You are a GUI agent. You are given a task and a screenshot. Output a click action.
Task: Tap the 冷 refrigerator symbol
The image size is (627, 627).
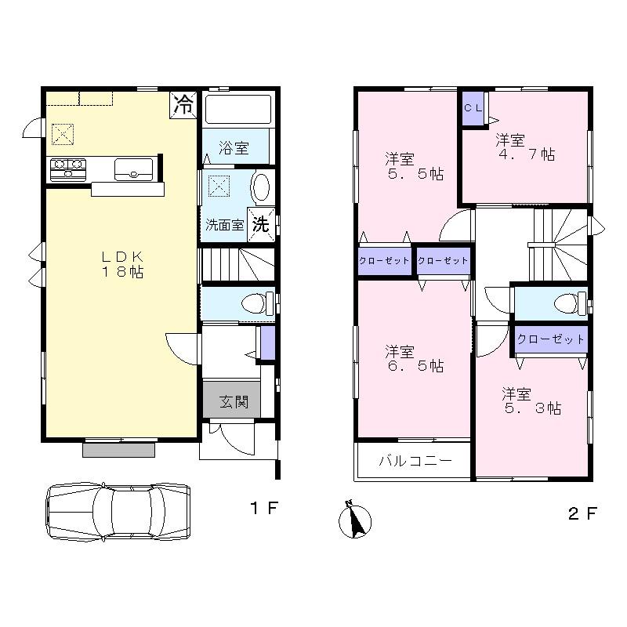click(184, 104)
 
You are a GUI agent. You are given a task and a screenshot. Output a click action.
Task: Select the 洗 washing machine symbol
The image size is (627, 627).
click(262, 223)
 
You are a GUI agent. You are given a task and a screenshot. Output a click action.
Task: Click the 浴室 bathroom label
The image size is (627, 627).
click(233, 147)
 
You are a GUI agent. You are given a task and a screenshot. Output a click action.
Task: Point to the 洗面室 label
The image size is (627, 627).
click(225, 225)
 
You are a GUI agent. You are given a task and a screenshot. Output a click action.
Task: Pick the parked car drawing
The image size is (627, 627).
click(118, 510)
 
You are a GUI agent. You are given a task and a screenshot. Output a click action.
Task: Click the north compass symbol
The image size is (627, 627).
click(355, 520)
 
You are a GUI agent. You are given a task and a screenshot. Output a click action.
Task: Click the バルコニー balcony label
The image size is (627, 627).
click(415, 461)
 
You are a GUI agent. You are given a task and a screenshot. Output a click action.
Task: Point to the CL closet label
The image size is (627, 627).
click(473, 109)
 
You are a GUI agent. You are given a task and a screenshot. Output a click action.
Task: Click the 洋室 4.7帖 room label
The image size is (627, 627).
click(524, 147)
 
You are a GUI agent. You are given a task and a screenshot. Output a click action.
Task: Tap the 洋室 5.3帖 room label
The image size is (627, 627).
click(531, 400)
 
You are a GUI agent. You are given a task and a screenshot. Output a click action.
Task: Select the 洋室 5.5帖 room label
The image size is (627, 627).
click(414, 165)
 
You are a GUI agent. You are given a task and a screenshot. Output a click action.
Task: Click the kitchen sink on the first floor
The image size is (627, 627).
click(133, 168)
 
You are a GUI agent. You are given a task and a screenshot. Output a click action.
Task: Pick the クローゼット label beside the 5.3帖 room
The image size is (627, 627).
click(550, 339)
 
